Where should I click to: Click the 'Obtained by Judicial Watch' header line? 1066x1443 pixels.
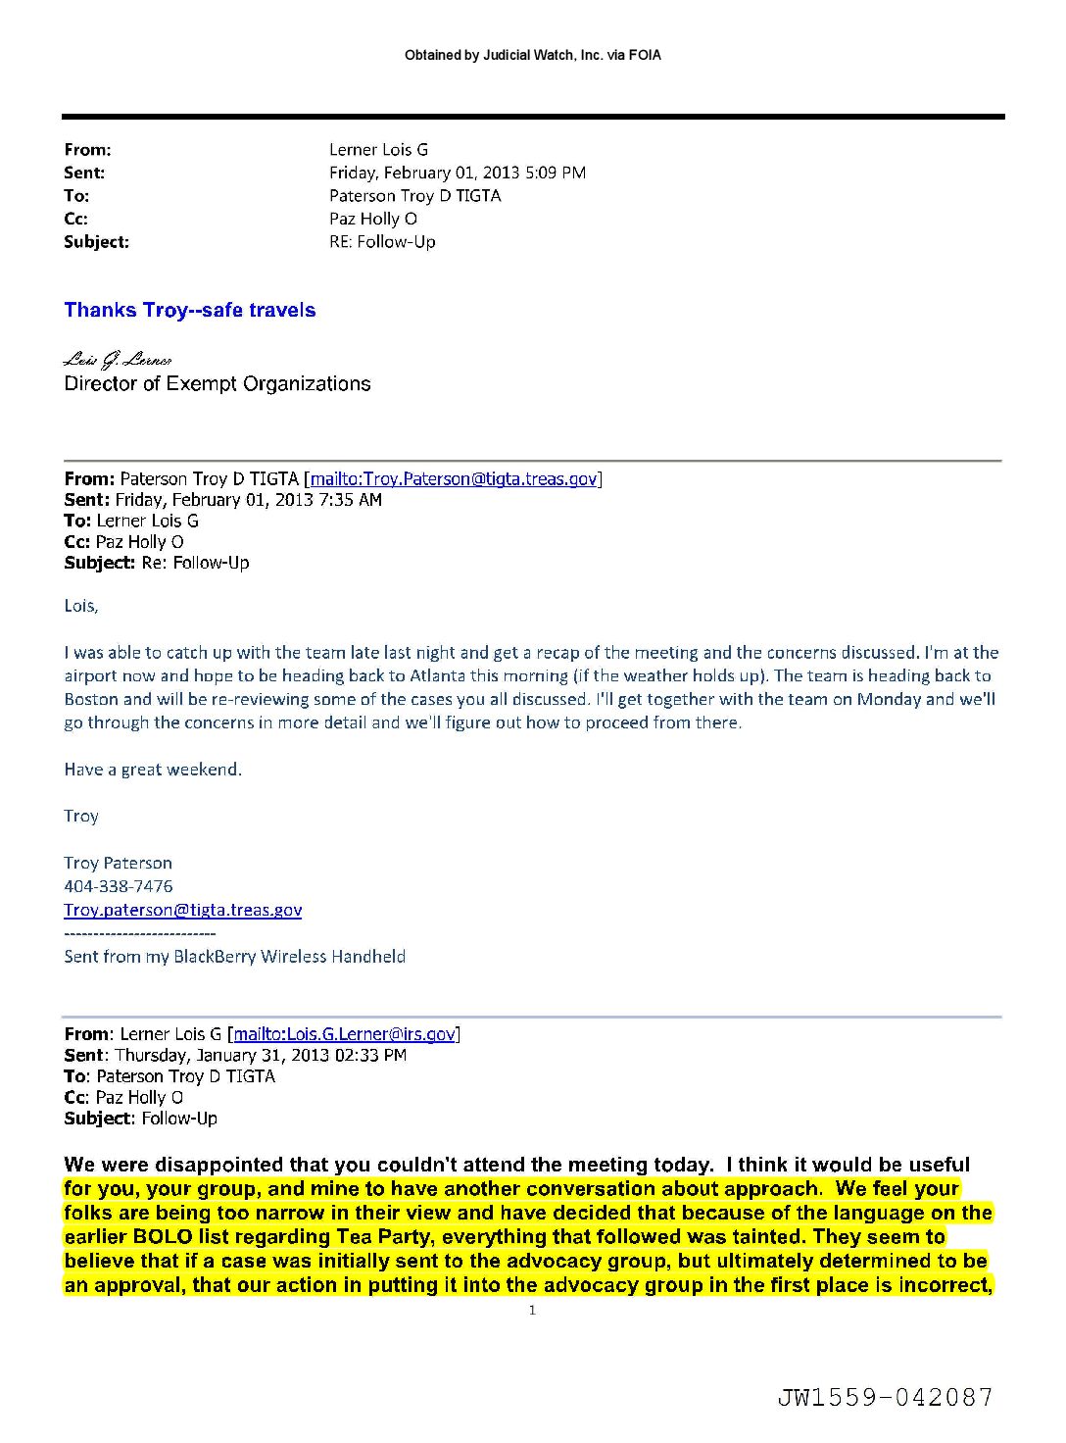[x=532, y=56]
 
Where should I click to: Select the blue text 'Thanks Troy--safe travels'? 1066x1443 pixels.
[x=190, y=311]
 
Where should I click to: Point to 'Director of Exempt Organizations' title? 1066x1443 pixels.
[x=218, y=384]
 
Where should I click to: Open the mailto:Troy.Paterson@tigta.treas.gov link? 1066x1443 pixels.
[x=454, y=479]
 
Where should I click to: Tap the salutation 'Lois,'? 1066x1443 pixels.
[x=81, y=606]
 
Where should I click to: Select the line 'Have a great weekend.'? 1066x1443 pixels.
[x=153, y=770]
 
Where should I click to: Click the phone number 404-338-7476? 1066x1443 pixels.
[x=119, y=886]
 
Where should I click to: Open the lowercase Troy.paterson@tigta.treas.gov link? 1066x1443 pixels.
[x=183, y=910]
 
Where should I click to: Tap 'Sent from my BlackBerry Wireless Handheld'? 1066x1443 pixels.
[x=235, y=957]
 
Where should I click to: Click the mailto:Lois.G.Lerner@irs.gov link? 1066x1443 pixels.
[x=345, y=1034]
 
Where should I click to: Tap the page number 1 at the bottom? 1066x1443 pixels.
[x=532, y=1311]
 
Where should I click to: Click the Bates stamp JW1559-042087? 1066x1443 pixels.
[x=886, y=1397]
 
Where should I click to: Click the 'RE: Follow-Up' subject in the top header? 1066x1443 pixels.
[x=382, y=242]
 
